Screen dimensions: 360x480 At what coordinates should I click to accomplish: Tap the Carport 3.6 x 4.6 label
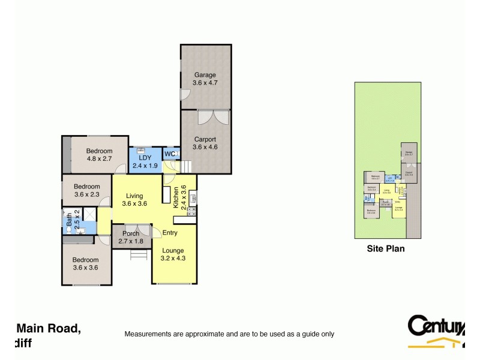tap(204, 143)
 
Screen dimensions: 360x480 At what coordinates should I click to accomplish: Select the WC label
tap(170, 154)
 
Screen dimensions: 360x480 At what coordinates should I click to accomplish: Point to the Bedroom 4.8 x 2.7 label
tap(99, 155)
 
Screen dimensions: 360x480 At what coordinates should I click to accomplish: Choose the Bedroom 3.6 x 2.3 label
tap(86, 190)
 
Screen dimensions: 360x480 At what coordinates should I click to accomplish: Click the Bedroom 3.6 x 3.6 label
tap(86, 264)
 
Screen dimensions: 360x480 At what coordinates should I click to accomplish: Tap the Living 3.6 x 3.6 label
tap(134, 200)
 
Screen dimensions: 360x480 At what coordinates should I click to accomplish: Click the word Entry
tap(170, 233)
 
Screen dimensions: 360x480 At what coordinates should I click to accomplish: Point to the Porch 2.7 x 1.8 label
tap(131, 237)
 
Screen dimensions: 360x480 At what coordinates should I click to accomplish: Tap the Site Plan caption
tap(386, 248)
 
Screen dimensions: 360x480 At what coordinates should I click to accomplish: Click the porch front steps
tap(139, 254)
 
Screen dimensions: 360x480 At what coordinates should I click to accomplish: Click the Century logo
tap(436, 331)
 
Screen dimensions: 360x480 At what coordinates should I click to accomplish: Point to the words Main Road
tap(48, 328)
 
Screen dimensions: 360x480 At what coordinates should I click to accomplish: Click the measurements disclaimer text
tap(229, 334)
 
